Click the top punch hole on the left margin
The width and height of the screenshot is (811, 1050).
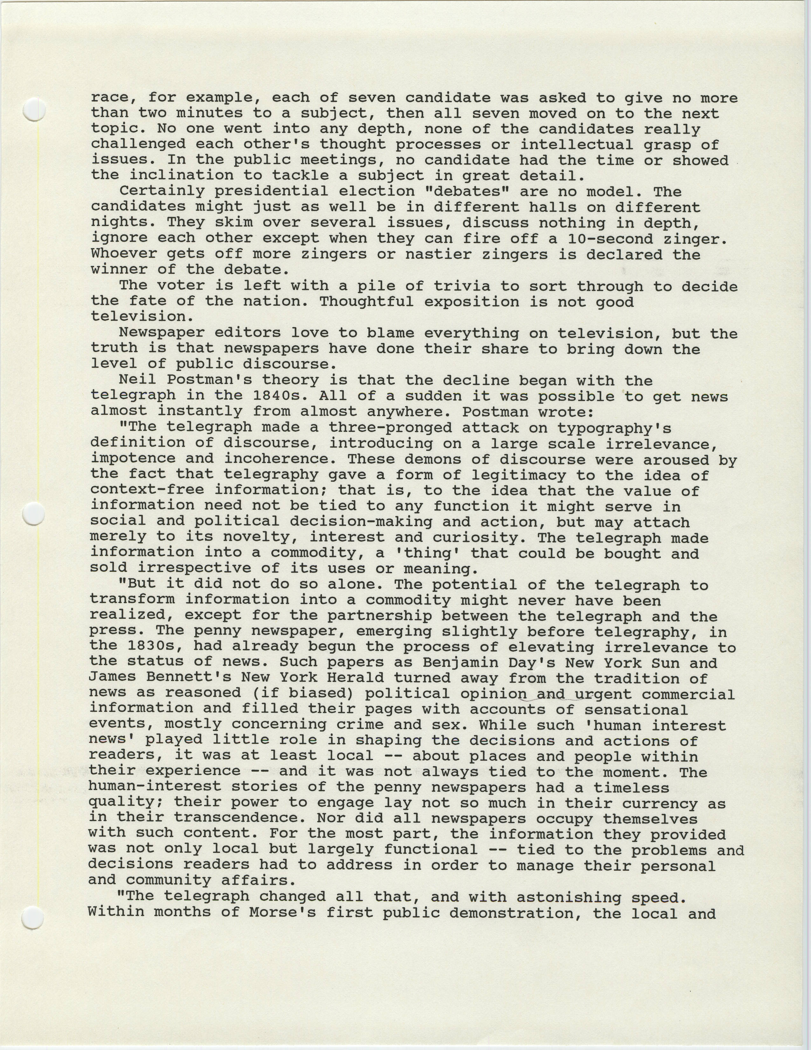(x=34, y=110)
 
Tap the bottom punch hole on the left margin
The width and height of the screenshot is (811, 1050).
(x=33, y=917)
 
